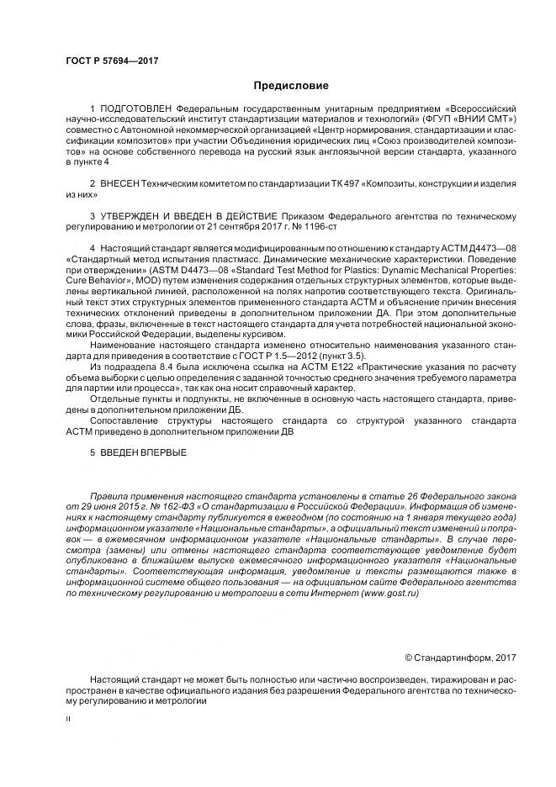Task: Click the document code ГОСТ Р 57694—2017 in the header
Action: (x=112, y=61)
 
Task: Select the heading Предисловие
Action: (x=291, y=86)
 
